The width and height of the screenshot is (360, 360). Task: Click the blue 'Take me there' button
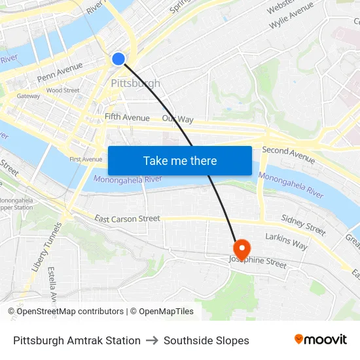180,160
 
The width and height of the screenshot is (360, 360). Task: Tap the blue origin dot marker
118,59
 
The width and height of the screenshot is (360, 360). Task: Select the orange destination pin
242,249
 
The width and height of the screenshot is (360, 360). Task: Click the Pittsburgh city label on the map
135,83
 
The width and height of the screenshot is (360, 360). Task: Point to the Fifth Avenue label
127,118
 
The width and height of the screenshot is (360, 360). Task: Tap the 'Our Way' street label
178,119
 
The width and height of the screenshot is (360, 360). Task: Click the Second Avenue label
288,154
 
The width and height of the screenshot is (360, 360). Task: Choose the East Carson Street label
127,219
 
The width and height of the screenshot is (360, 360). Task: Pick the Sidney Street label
303,225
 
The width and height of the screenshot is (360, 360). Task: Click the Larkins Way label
286,241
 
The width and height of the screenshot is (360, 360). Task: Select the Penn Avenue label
60,72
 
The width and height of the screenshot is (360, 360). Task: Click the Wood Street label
63,90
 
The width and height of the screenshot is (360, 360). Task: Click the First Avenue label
86,159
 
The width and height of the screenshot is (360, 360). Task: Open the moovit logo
321,340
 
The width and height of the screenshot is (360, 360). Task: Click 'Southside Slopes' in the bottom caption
206,340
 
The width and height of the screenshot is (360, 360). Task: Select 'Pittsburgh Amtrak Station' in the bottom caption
77,340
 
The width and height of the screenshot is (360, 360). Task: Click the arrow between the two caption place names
152,340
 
